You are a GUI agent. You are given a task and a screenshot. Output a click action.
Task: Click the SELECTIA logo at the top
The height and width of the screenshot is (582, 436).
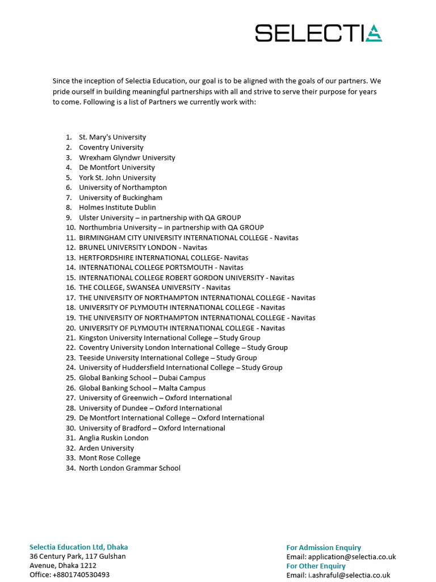[318, 33]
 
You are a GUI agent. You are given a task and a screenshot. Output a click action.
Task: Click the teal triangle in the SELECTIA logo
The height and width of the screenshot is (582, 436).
[374, 34]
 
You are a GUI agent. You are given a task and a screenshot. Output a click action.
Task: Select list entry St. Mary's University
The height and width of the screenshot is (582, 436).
[112, 137]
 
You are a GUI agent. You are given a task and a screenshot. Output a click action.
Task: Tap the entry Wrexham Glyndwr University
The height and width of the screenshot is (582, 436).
[127, 157]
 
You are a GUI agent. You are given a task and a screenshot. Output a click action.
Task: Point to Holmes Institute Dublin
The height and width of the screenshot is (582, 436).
[117, 207]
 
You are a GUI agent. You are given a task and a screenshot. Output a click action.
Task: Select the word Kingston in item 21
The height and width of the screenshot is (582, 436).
[93, 338]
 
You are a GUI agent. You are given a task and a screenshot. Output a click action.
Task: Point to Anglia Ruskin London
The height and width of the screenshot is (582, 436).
[114, 438]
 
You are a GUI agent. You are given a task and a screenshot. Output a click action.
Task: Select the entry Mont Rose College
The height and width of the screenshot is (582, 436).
[109, 458]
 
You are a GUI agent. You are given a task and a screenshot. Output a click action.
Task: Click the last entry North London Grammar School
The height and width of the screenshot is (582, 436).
[129, 468]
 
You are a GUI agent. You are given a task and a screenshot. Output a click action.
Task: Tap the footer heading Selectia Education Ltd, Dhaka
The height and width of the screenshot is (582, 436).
[78, 547]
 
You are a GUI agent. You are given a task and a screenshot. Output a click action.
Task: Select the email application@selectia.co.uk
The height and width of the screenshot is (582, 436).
[351, 557]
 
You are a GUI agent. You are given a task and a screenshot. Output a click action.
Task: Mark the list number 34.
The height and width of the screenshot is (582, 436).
[70, 468]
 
